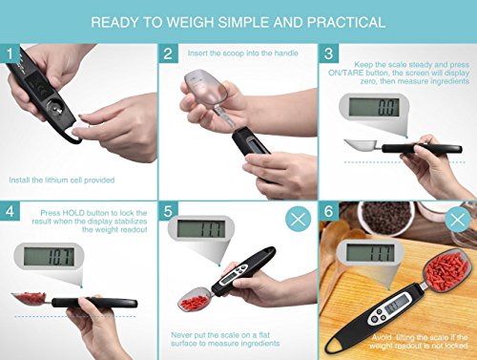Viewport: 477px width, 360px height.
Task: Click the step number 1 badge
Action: pyautogui.click(x=10, y=53)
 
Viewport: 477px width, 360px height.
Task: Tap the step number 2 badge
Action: pyautogui.click(x=168, y=53)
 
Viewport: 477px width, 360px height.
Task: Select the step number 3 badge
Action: pyautogui.click(x=329, y=53)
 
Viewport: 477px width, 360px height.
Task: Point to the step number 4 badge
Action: pyautogui.click(x=10, y=211)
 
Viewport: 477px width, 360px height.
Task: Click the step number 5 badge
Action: pyautogui.click(x=168, y=211)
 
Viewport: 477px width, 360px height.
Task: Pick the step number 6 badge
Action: pyautogui.click(x=329, y=211)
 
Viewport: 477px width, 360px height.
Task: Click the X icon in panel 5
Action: pyautogui.click(x=298, y=219)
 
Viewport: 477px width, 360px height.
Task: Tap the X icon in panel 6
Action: pyautogui.click(x=458, y=219)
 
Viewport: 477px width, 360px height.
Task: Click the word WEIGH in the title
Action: pyautogui.click(x=190, y=22)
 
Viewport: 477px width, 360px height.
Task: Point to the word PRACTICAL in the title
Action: pyautogui.click(x=346, y=22)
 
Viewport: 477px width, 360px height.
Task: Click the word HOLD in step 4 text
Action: pyautogui.click(x=73, y=213)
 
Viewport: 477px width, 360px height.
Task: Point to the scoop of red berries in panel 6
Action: pyautogui.click(x=445, y=269)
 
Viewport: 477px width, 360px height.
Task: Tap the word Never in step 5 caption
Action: pyautogui.click(x=182, y=335)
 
